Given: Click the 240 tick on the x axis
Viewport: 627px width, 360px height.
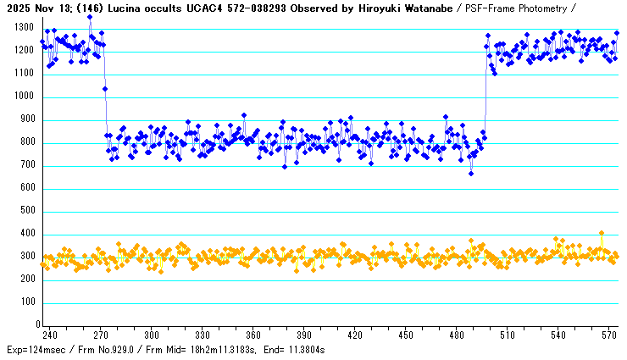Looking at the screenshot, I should [50, 335].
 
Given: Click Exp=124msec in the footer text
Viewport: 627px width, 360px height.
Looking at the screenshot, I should [36, 350].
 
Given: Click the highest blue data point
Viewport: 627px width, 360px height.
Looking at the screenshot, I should [90, 17].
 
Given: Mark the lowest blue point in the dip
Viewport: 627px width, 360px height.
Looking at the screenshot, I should [471, 174].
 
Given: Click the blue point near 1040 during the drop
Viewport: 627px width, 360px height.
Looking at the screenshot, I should [105, 88].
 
